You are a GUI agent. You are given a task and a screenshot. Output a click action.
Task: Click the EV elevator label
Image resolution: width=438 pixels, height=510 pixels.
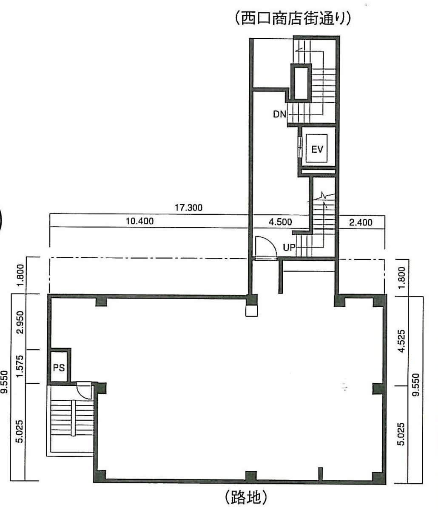pos(317,149)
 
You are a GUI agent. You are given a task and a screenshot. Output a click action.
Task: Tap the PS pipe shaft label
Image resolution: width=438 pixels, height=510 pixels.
pos(59,368)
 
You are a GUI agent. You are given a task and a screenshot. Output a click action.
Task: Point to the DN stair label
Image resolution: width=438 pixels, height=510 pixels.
pos(279,114)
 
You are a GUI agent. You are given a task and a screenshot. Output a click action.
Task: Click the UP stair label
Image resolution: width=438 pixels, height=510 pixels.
pos(289,248)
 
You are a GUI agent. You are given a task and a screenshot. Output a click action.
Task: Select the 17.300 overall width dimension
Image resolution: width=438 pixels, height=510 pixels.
pos(189,208)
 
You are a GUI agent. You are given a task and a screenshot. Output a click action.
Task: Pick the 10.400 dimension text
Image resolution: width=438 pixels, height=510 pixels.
pos(140,221)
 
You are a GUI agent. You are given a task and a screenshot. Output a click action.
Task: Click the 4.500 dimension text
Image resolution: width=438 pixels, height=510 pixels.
pos(280,222)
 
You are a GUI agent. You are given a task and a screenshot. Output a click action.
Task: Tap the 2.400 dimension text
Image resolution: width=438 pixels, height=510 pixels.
pos(361,222)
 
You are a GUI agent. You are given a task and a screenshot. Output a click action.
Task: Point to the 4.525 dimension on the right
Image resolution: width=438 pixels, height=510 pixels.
pos(402,341)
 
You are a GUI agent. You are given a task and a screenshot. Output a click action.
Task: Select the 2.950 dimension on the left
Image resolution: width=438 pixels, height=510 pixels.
pos(20,322)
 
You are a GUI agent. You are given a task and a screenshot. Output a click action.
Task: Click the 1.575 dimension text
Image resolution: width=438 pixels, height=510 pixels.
pos(20,367)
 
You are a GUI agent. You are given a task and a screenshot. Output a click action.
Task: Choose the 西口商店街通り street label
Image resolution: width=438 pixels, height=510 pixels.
pos(293,18)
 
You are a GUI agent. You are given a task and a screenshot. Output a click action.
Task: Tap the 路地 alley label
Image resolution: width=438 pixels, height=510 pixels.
pos(246,497)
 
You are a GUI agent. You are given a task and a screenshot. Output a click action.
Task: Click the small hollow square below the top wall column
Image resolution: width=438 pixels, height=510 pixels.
pos(252,311)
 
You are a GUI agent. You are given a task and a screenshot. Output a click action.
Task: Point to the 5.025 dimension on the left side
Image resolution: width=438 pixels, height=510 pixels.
pos(20,431)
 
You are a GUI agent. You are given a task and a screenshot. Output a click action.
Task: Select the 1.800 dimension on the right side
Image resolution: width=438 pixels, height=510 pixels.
pos(402,278)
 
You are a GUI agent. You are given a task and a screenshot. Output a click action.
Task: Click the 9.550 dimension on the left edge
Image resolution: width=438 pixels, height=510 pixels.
pos(5,382)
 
